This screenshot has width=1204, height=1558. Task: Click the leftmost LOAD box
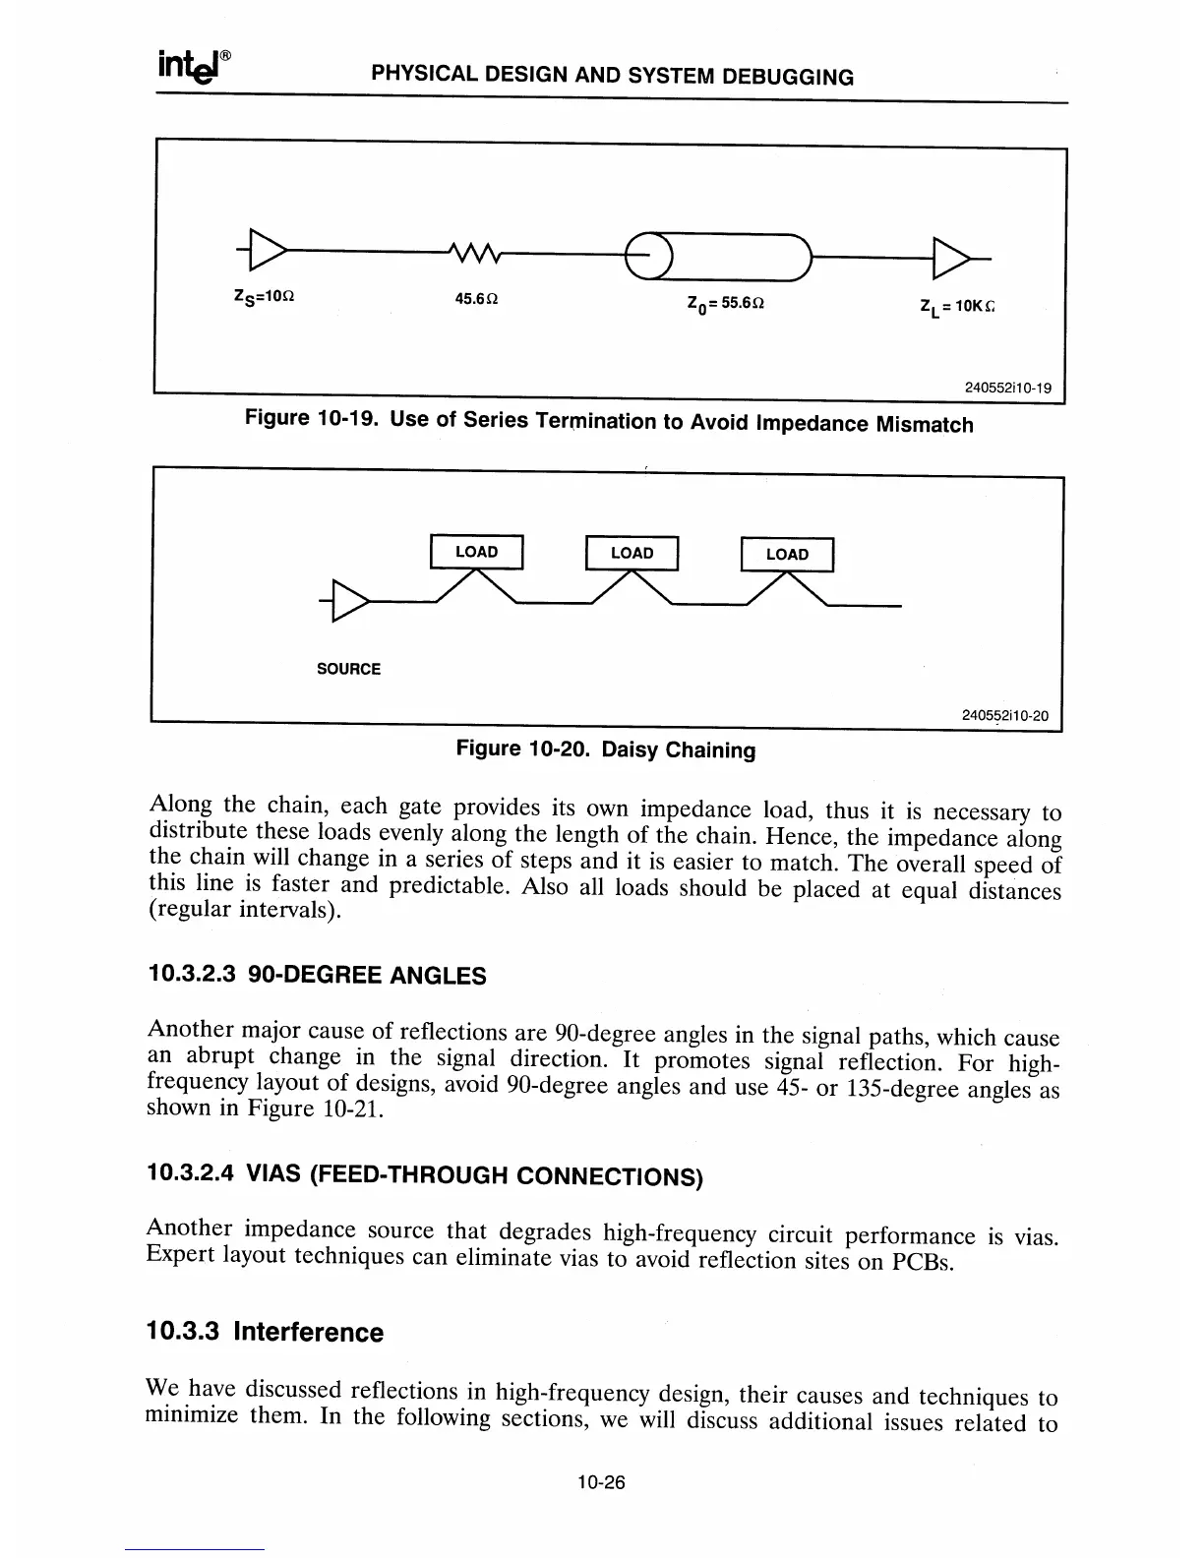click(476, 552)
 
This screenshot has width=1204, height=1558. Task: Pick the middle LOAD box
click(632, 553)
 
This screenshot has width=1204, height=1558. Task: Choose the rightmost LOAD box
click(787, 555)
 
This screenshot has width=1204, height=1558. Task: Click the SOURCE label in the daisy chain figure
click(348, 669)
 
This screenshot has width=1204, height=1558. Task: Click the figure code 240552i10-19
click(1007, 388)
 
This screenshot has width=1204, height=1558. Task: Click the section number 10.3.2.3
click(191, 975)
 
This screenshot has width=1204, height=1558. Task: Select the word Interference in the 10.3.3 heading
click(308, 1332)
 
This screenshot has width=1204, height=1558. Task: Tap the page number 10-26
click(601, 1482)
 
